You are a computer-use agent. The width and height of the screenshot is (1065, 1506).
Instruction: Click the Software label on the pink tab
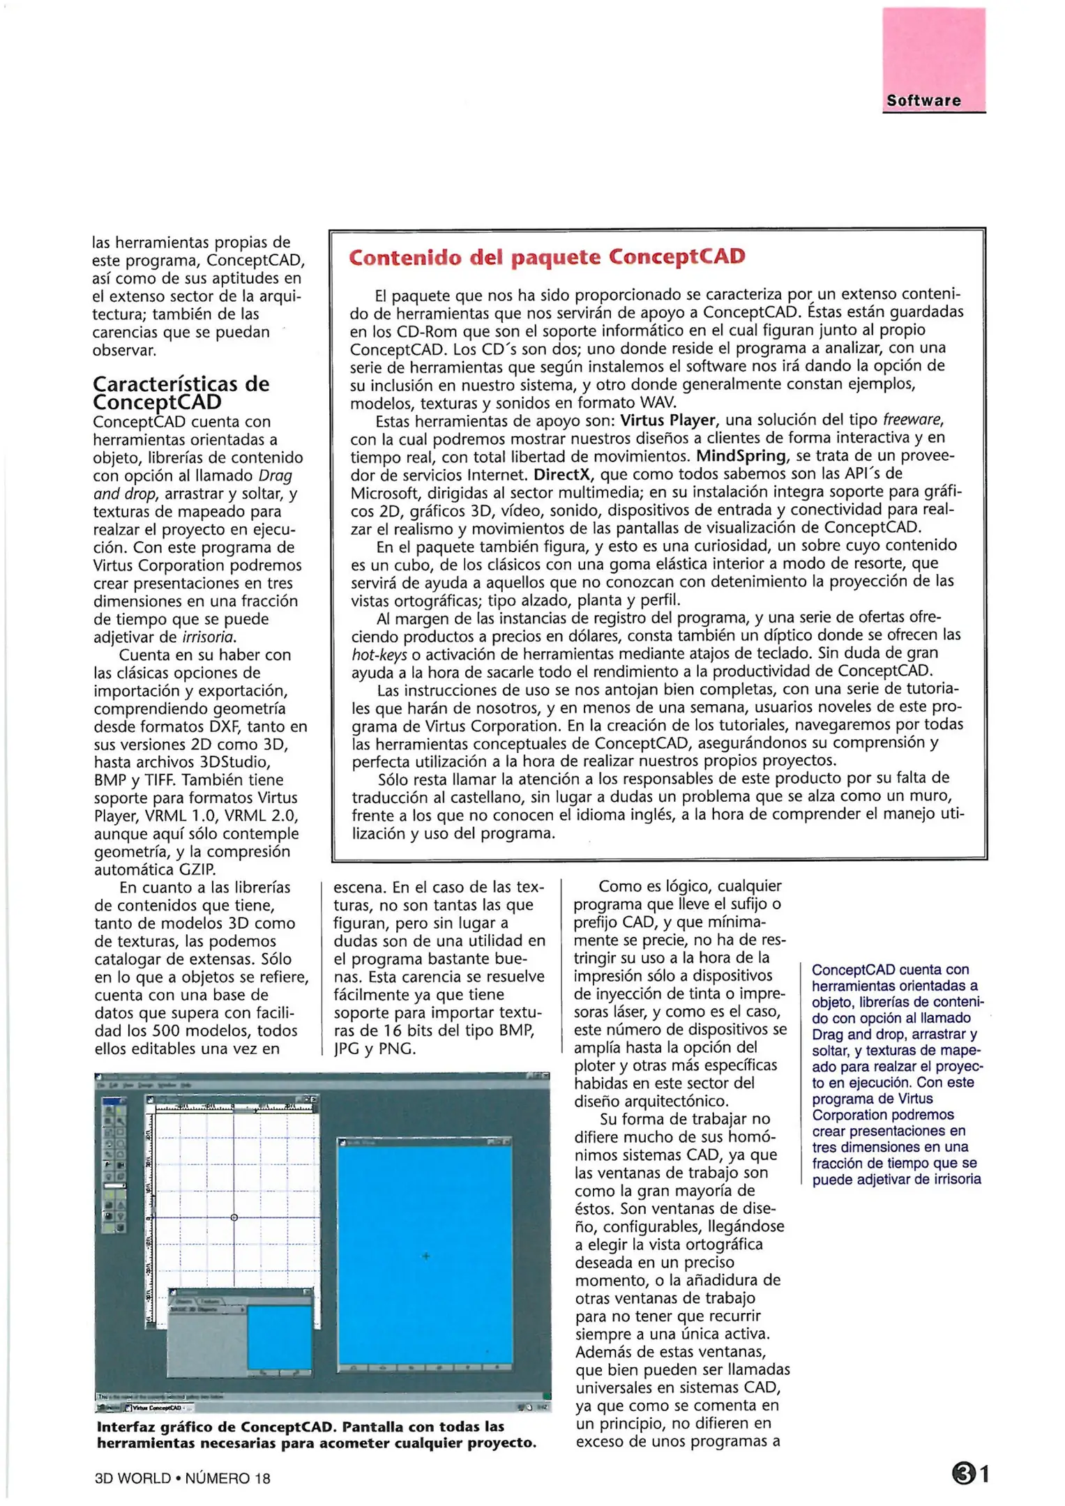(x=923, y=100)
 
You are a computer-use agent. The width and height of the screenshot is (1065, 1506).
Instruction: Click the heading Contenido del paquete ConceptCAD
(x=547, y=257)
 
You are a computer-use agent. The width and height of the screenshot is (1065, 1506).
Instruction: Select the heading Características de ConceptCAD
(x=181, y=393)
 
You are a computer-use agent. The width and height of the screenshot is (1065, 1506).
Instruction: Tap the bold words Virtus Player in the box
(x=667, y=420)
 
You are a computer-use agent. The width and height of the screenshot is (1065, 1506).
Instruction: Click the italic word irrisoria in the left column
(x=209, y=637)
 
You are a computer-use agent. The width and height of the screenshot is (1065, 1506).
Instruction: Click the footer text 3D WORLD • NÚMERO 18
(x=183, y=1477)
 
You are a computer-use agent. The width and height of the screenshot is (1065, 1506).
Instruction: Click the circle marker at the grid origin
(x=234, y=1217)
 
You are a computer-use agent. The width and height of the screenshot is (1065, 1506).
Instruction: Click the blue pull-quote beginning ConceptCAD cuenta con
(x=896, y=1074)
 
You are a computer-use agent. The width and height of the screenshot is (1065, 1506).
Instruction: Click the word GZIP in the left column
(x=197, y=869)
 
